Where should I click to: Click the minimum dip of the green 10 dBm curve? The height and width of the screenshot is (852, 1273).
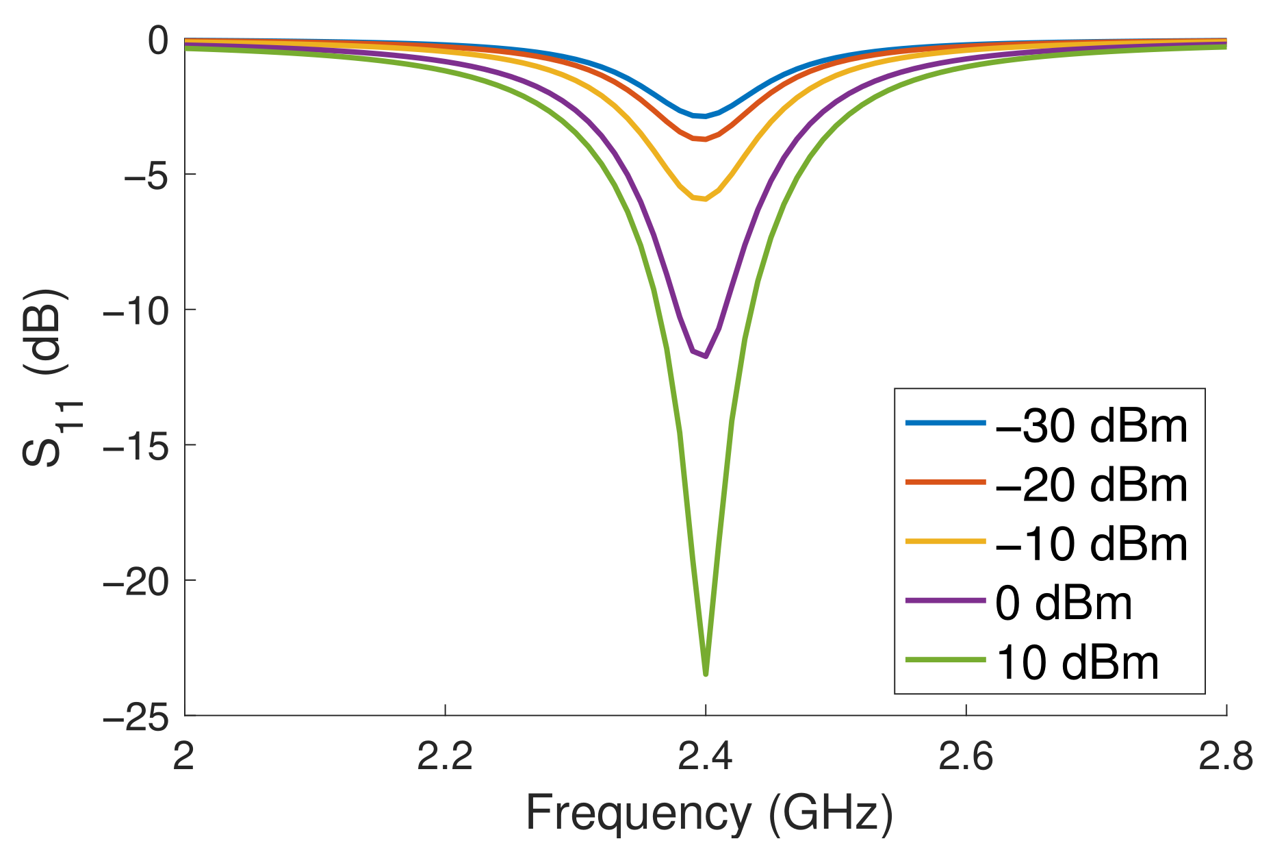[x=706, y=673]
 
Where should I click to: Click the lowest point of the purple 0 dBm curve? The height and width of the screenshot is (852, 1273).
[x=705, y=355]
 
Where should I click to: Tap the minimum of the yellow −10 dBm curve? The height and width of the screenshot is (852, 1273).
[x=704, y=199]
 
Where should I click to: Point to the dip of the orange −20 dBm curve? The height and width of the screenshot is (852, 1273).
[x=704, y=139]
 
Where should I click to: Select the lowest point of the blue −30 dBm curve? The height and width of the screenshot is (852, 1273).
[x=704, y=116]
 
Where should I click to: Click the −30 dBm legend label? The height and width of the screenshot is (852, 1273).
[x=1091, y=426]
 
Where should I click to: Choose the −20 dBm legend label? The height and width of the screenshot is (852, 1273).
[x=1091, y=486]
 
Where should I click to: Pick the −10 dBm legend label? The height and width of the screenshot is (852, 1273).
[x=1091, y=544]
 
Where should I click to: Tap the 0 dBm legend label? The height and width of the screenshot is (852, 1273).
[x=1064, y=603]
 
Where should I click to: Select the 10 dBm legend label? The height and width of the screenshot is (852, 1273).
[x=1077, y=663]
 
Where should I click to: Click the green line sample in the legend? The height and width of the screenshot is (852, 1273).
[x=946, y=660]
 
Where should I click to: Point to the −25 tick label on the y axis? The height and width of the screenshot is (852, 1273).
[x=136, y=717]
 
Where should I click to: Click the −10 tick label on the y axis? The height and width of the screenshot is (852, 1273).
[x=136, y=311]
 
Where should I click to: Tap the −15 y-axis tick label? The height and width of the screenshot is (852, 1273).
[x=136, y=447]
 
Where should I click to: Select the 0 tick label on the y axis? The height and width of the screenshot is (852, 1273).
[x=158, y=41]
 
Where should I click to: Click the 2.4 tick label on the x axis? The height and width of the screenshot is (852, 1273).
[x=705, y=757]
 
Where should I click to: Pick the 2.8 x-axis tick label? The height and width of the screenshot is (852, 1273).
[x=1225, y=757]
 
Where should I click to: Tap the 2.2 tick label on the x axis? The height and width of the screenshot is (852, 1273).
[x=445, y=757]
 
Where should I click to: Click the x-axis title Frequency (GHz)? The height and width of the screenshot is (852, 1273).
[x=709, y=814]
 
